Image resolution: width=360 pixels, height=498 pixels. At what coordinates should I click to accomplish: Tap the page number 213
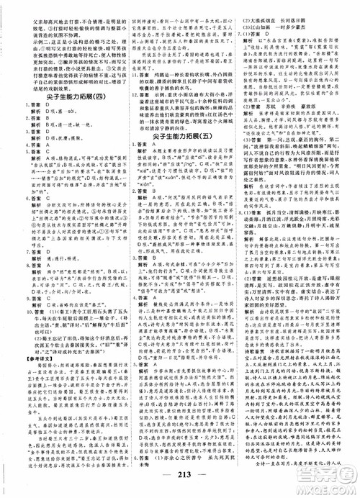[179, 482]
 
